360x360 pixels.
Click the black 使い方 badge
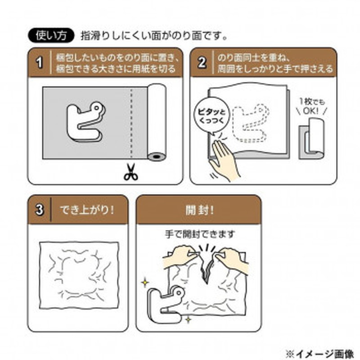(50, 35)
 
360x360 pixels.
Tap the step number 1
(40, 63)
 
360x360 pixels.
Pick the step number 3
(40, 210)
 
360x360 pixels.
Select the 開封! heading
(198, 210)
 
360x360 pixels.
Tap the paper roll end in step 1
(157, 157)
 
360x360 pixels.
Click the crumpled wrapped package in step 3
(79, 273)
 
